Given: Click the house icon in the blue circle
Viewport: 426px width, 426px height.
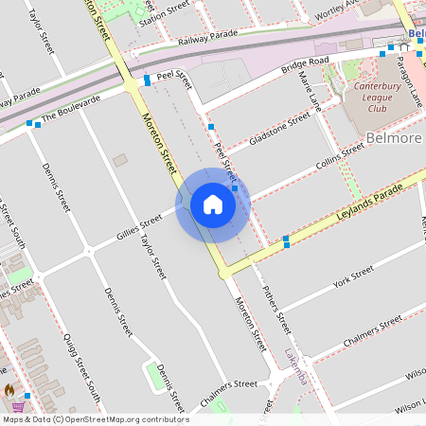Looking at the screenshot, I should [212, 204].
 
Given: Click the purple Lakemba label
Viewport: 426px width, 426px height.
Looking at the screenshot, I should [302, 367].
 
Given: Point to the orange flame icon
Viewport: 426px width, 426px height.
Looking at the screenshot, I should [9, 388].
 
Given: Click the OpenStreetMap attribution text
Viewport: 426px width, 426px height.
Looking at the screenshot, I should [95, 419].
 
